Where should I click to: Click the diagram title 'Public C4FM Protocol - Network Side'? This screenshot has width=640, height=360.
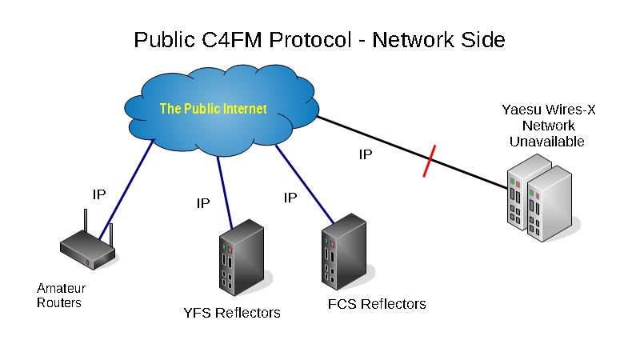point(319,39)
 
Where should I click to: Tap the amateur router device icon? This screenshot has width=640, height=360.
point(89,247)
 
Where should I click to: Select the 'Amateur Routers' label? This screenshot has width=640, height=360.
point(61,295)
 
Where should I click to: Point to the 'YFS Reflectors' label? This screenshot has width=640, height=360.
point(232,313)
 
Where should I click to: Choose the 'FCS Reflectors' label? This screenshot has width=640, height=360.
point(377,304)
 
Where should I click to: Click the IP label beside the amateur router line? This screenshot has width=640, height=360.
point(98,194)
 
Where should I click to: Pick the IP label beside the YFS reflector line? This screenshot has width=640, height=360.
point(203,203)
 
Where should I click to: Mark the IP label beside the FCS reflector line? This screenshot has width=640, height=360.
point(291,197)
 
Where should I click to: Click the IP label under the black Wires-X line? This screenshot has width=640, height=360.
point(365,154)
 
